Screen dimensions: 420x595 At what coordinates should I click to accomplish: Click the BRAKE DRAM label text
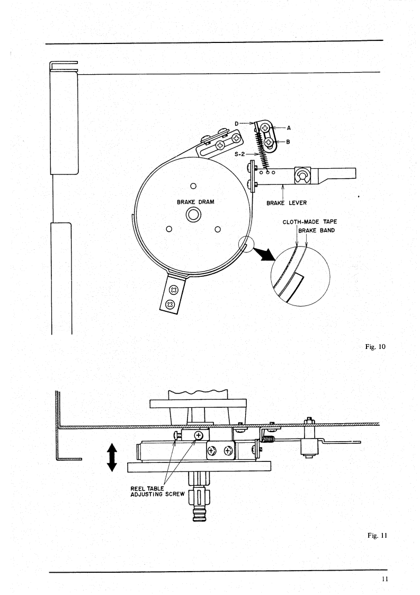pyautogui.click(x=195, y=202)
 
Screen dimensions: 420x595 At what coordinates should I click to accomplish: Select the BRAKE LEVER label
pyautogui.click(x=287, y=203)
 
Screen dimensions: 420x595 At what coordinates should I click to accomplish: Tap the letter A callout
pyautogui.click(x=289, y=128)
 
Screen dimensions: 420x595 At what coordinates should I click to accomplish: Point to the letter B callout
pyautogui.click(x=288, y=142)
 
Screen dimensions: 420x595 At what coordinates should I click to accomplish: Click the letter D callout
pyautogui.click(x=237, y=124)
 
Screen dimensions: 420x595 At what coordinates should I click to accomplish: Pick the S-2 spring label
pyautogui.click(x=239, y=154)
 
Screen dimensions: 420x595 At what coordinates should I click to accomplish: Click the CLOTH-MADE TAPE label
pyautogui.click(x=310, y=222)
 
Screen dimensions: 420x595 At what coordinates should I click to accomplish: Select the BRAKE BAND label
pyautogui.click(x=317, y=230)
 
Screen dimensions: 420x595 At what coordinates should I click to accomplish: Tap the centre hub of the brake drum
pyautogui.click(x=193, y=215)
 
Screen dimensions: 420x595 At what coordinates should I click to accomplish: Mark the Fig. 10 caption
pyautogui.click(x=376, y=346)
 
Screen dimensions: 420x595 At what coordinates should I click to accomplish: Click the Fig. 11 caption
pyautogui.click(x=377, y=536)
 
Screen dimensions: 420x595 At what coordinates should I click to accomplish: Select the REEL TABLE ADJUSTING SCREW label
pyautogui.click(x=157, y=492)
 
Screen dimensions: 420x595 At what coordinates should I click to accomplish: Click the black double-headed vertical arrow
pyautogui.click(x=112, y=458)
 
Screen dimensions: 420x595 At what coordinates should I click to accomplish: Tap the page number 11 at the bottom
pyautogui.click(x=385, y=579)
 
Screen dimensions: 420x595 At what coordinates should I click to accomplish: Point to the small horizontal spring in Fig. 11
pyautogui.click(x=269, y=440)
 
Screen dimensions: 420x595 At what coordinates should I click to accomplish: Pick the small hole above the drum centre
pyautogui.click(x=193, y=186)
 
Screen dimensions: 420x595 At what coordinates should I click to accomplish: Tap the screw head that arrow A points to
pyautogui.click(x=265, y=129)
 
